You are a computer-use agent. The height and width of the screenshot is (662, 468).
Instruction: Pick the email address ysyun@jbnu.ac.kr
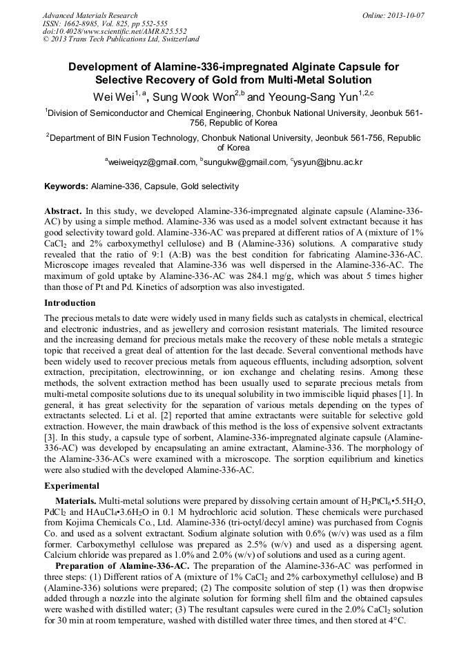tap(329, 162)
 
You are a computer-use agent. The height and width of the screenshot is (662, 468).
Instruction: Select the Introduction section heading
tap(70, 303)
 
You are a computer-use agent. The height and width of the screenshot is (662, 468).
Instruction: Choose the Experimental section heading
tap(72, 485)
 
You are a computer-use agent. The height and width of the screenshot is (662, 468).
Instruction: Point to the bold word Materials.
tap(76, 499)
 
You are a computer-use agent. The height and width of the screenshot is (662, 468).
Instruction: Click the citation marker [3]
tap(50, 438)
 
